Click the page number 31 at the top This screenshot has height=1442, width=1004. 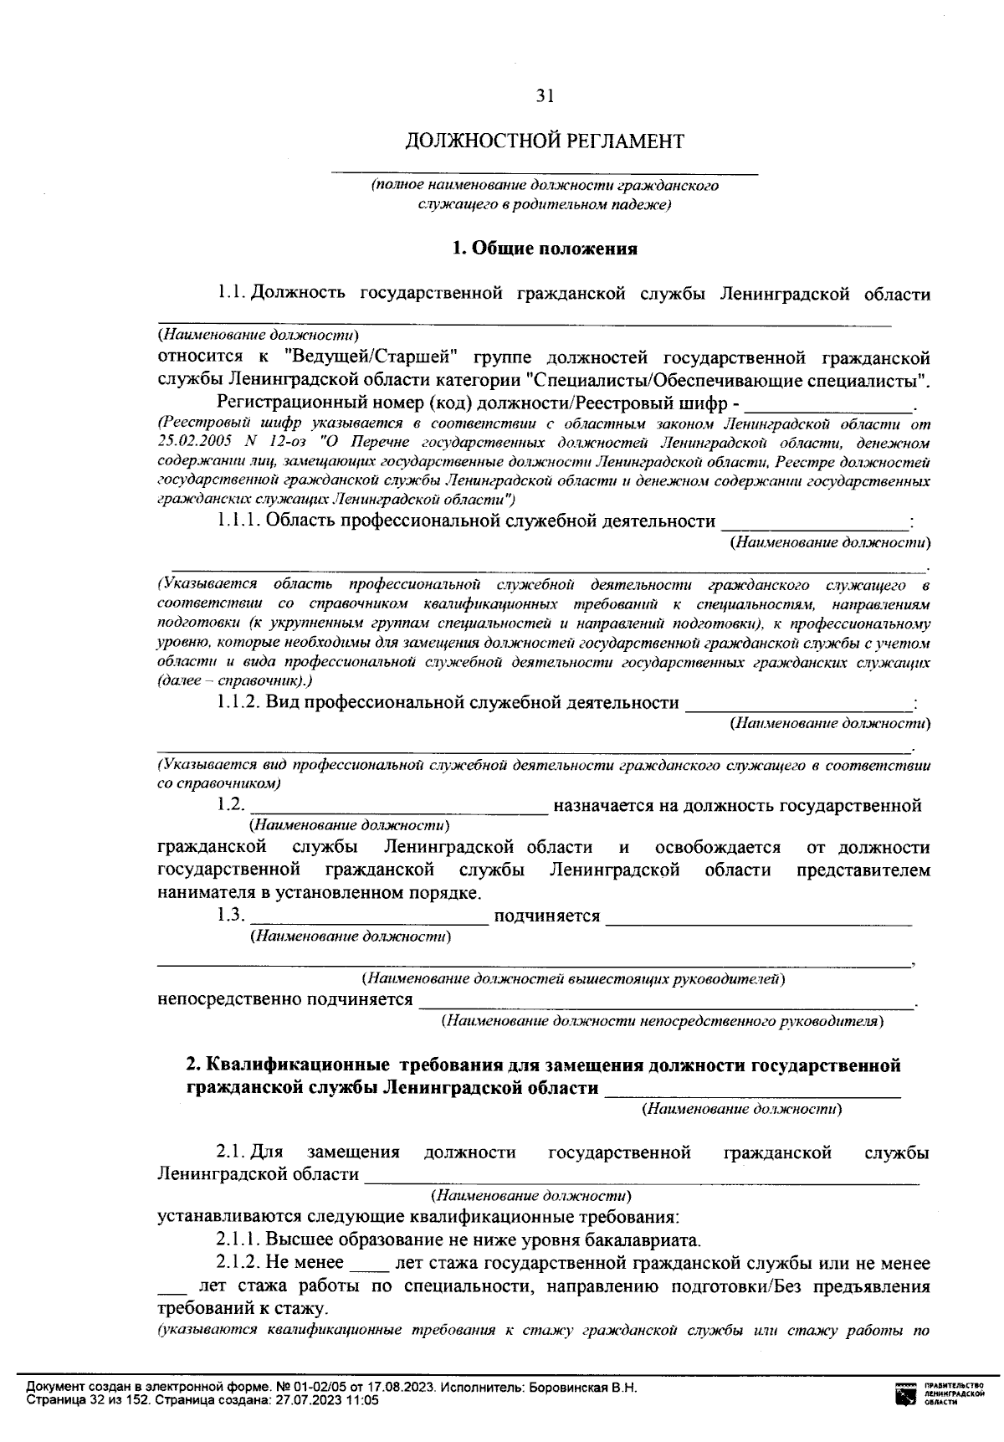click(545, 96)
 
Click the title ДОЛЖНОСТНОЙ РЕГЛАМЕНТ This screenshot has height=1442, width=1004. click(545, 141)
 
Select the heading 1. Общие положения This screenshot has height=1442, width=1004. click(545, 249)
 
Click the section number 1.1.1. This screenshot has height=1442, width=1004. click(239, 521)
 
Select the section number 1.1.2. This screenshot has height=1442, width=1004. click(239, 703)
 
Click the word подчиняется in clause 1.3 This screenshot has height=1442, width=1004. click(547, 916)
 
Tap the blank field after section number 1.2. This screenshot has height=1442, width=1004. click(397, 807)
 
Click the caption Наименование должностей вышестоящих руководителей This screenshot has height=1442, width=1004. click(573, 978)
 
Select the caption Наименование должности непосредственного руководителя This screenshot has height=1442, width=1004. click(663, 1022)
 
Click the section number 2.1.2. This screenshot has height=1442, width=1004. click(239, 1264)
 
